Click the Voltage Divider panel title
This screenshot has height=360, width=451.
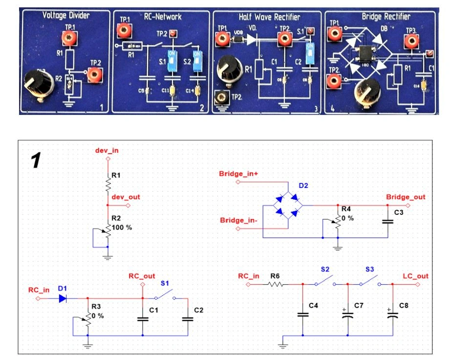coord(66,16)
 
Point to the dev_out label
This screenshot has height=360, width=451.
coord(126,197)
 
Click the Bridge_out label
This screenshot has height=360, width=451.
coord(406,197)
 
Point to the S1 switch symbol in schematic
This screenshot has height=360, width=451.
coord(165,296)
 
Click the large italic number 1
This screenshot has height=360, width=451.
coord(36,160)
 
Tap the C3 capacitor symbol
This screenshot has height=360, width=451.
coord(388,221)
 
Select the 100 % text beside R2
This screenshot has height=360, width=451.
coord(122,227)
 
